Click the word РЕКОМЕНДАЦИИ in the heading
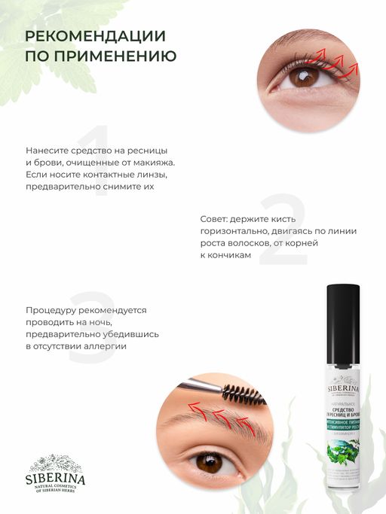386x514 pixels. [96, 36]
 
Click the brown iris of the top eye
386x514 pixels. [305, 75]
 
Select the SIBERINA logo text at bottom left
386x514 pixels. [54, 479]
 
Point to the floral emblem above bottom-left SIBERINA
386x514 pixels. [54, 462]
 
